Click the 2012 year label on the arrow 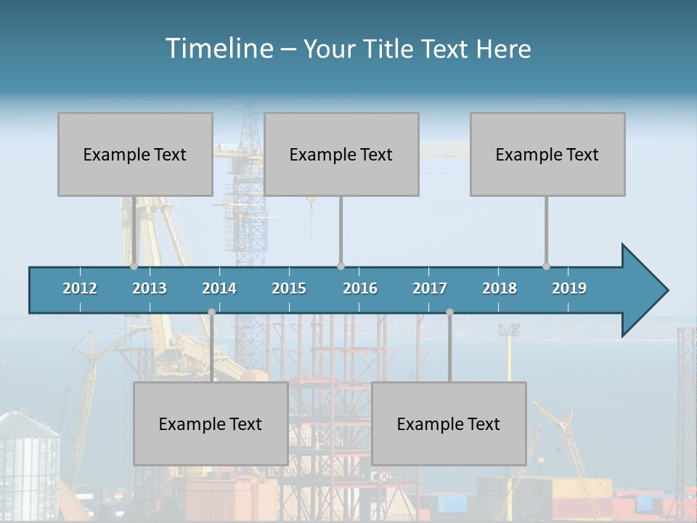(x=80, y=288)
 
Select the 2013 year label (x=150, y=288)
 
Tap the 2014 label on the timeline (x=219, y=288)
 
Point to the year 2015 (x=289, y=288)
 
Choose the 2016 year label (x=360, y=288)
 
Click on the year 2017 (x=430, y=288)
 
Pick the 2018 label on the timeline (x=500, y=288)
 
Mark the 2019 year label (x=569, y=288)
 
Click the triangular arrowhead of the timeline (x=643, y=291)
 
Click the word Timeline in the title (x=219, y=49)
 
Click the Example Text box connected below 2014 (x=211, y=423)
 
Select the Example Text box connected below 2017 (x=449, y=423)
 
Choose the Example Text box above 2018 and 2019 (x=547, y=154)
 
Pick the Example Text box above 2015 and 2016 (x=341, y=154)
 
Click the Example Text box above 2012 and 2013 (x=135, y=154)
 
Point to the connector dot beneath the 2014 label (x=211, y=312)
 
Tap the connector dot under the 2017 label (x=449, y=312)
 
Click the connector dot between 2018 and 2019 (x=546, y=266)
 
